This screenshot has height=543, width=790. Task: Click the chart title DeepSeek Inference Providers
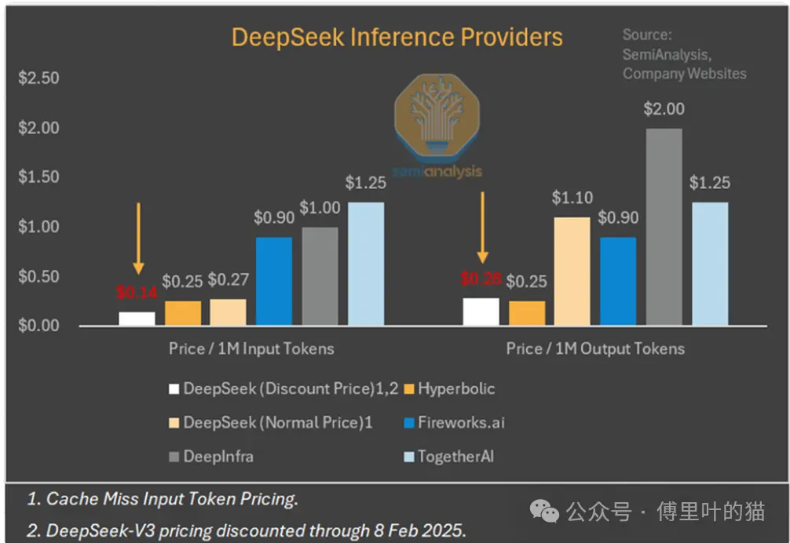point(397,37)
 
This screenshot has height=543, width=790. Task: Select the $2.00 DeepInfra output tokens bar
point(664,226)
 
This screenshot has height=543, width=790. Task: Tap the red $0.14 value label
point(137,293)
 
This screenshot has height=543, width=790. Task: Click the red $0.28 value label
point(480,279)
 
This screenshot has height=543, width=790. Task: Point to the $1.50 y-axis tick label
point(38,177)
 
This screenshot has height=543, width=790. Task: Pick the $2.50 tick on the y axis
point(38,78)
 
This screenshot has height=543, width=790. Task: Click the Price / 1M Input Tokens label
point(251,348)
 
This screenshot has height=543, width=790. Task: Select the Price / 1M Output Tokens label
point(595,348)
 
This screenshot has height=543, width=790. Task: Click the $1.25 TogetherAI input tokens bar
point(366,263)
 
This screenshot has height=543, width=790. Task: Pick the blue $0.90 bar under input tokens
point(273,280)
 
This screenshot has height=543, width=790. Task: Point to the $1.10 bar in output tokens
point(572,271)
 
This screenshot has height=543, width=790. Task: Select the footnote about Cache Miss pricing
point(163,498)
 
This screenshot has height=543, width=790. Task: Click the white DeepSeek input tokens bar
point(137,318)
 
